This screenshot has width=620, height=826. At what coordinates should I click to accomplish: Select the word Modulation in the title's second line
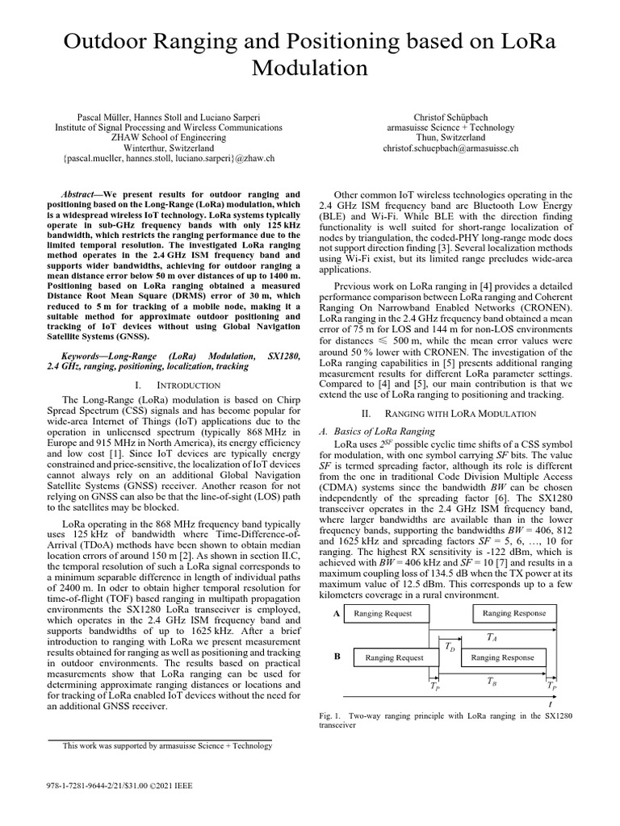click(x=310, y=69)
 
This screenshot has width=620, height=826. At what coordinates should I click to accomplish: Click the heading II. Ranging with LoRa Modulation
click(x=450, y=414)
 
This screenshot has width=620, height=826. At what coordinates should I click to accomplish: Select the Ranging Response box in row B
click(x=502, y=657)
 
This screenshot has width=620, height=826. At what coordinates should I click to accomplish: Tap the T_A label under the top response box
click(x=492, y=636)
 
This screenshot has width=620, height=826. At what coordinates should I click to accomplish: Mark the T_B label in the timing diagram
click(x=492, y=681)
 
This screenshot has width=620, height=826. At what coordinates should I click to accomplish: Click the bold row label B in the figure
click(x=337, y=657)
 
